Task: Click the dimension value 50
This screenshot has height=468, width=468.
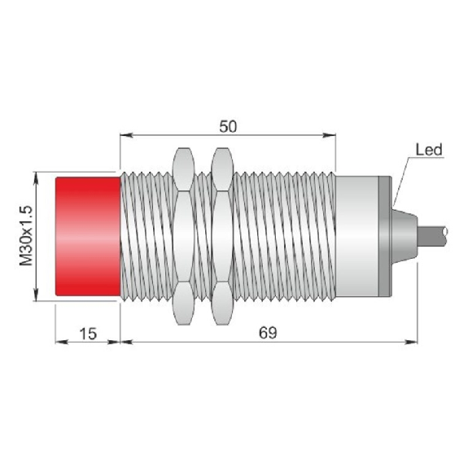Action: pos(228,126)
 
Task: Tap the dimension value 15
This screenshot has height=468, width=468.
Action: pos(89,334)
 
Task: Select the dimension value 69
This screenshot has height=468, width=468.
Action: pos(268,333)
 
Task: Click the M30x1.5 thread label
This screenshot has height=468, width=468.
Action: pos(26,235)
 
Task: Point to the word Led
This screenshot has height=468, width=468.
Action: pos(429,150)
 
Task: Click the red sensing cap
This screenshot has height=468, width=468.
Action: pos(88,236)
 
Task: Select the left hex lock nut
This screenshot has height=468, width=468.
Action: pos(183,236)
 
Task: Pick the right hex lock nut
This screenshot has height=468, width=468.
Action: pos(221,236)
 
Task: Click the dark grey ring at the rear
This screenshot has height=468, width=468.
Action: pos(384,236)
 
